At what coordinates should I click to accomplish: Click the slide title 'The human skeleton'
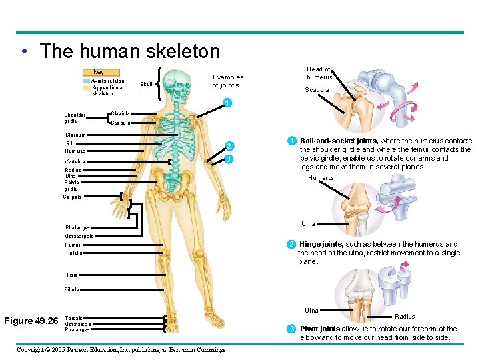tap(129, 51)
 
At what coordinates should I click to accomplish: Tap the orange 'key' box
tap(99, 72)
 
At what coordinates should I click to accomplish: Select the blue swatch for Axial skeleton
tap(86, 81)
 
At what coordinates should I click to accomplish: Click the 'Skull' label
tap(146, 85)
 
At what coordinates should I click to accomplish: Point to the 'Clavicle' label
tap(121, 114)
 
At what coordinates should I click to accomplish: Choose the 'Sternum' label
tap(75, 135)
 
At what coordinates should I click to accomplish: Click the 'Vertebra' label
tap(75, 161)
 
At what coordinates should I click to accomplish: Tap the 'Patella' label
tap(73, 253)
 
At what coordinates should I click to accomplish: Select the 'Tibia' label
tap(71, 275)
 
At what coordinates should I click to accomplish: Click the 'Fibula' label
tap(72, 289)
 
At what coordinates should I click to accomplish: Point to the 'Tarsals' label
tap(73, 318)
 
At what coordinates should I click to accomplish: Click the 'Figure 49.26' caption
tap(31, 321)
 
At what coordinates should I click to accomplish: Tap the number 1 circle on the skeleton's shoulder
tap(227, 103)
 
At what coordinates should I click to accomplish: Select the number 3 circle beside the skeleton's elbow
tap(228, 159)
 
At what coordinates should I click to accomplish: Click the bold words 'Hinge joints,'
tap(321, 245)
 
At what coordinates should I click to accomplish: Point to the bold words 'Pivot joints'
tap(320, 329)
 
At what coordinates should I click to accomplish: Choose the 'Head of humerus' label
tap(319, 73)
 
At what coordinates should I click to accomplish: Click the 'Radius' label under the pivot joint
tap(405, 317)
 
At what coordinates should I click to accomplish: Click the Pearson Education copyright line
tap(121, 350)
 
